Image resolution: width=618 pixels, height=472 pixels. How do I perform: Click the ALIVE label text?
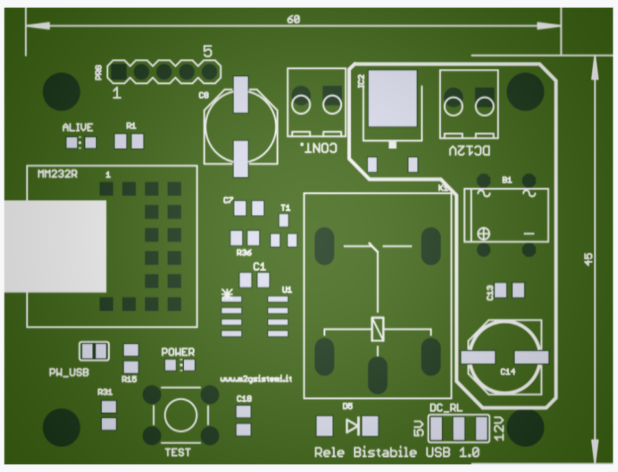77,128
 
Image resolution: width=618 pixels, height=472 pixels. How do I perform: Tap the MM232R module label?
57,174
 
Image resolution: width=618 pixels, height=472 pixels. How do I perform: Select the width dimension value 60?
294,19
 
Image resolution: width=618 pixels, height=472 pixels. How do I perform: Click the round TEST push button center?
181,415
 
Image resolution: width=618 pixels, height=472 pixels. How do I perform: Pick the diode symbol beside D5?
352,426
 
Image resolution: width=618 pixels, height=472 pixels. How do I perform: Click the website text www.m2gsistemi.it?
256,379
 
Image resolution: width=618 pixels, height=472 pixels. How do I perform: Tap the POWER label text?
177,353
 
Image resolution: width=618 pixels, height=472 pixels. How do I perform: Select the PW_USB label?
69,373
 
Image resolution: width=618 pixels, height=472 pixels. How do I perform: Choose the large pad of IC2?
392,98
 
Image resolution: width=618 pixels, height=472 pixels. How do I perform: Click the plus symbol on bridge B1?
483,233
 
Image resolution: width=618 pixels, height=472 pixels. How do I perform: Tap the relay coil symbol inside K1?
377,329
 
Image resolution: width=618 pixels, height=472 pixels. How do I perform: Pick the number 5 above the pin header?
208,51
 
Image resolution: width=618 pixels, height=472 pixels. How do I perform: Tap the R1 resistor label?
131,126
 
